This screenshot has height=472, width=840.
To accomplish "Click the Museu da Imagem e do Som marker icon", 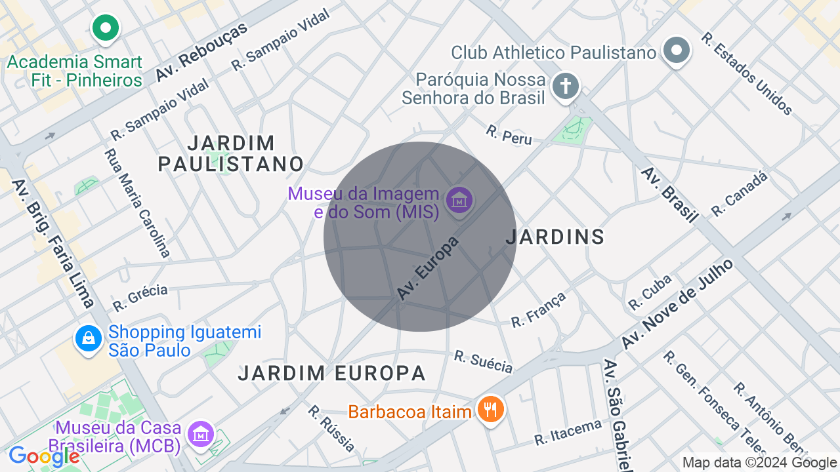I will coord(459,199).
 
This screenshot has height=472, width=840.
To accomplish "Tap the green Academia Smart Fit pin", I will coord(105,28).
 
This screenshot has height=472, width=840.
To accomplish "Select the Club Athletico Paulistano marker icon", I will coord(677,50).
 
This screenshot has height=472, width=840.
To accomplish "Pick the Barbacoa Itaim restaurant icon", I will coord(490,410).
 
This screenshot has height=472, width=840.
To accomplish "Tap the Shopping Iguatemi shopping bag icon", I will coord(87,338).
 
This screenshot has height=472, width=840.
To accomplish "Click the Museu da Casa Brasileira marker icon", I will coord(201,434).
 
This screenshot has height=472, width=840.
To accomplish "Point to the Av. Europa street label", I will coord(428,269).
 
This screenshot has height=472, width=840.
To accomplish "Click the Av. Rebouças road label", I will coord(201,52).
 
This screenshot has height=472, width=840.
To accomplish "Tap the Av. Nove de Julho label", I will coord(677,304).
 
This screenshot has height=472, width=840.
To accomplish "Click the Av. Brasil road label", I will coord(669,195).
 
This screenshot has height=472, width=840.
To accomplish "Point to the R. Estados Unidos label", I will coord(746,74).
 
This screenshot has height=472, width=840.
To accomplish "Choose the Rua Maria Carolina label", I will coord(137,203).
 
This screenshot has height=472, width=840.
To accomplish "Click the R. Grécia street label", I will coord(140,298).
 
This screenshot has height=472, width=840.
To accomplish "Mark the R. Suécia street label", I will coord(484,361).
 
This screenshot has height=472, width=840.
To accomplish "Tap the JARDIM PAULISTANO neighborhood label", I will coord(231,153).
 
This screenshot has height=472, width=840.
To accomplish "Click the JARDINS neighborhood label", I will coord(555,237).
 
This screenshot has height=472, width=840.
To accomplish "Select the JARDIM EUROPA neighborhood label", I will coord(332,374).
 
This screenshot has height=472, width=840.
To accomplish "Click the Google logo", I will coord(44,456).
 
